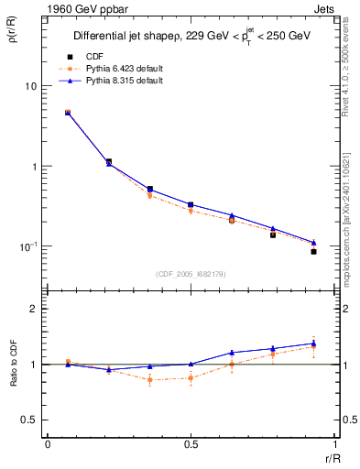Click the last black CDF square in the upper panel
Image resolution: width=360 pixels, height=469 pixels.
[x=313, y=251]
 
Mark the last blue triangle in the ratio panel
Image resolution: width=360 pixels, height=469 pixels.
[x=313, y=344]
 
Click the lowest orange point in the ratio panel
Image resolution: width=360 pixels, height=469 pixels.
[x=150, y=379]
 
